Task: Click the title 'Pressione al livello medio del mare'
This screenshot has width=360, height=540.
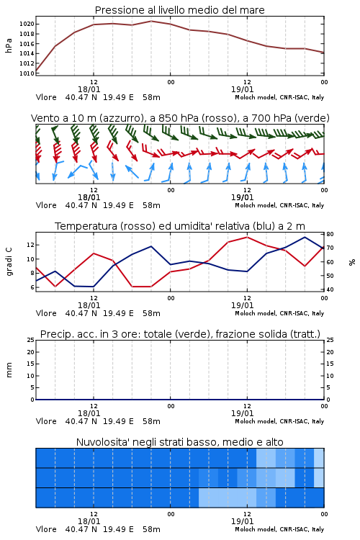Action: [179, 10]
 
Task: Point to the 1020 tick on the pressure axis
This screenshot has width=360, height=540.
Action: [27, 24]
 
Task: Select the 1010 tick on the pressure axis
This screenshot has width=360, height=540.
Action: [27, 73]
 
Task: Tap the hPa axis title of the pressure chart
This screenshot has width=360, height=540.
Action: [9, 45]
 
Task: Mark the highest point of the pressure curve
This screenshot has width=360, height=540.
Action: [151, 21]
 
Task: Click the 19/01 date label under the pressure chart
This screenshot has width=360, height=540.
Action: [242, 89]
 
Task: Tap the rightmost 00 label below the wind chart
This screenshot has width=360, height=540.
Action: [324, 190]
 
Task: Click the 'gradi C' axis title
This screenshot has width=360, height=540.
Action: [9, 261]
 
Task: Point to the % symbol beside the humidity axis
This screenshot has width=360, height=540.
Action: [352, 262]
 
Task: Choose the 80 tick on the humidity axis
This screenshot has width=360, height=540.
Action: [330, 234]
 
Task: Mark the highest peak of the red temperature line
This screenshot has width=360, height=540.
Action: [247, 237]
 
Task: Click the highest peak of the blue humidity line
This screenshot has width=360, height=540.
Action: [305, 237]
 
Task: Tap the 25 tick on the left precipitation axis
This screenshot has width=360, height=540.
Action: [31, 340]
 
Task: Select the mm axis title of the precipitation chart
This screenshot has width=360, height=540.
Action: [9, 370]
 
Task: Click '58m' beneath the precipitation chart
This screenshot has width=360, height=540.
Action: [151, 421]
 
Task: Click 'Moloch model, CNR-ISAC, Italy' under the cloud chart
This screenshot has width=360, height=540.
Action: [279, 529]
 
